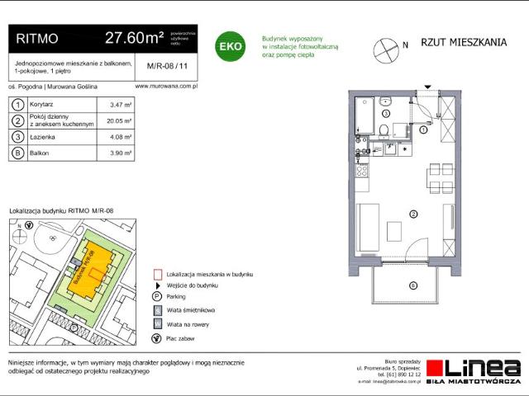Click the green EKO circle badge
(x=229, y=47)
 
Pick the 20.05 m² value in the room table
(x=121, y=120)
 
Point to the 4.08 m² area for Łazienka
(x=121, y=137)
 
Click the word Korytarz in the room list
(x=42, y=105)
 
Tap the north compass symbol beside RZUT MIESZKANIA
(x=385, y=46)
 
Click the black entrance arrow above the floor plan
(x=427, y=87)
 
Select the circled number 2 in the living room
(x=413, y=214)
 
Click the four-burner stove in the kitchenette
(x=362, y=173)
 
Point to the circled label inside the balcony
(x=412, y=285)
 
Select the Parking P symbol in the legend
(x=156, y=296)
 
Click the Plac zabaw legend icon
(x=156, y=337)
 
